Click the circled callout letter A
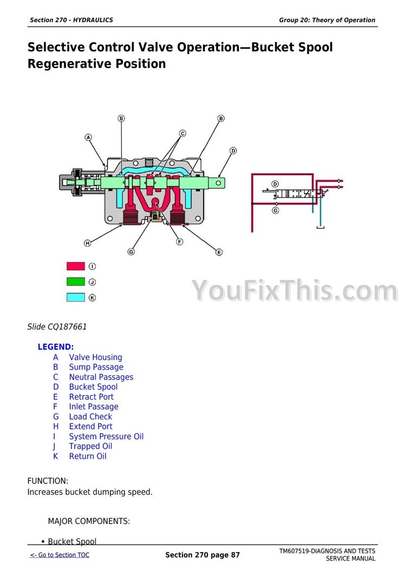(x=88, y=138)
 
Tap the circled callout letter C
(x=183, y=133)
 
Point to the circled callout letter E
(x=219, y=252)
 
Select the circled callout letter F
(x=180, y=241)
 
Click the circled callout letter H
(x=88, y=243)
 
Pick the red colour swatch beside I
(x=76, y=266)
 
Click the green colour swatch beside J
(x=76, y=282)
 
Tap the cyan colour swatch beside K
(x=76, y=297)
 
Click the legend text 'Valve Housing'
(x=95, y=357)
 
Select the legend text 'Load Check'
(x=90, y=417)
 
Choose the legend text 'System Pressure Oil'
(x=106, y=436)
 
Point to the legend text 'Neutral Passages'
(x=101, y=377)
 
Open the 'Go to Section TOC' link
(x=60, y=555)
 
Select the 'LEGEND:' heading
(x=56, y=347)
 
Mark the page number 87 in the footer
(x=234, y=555)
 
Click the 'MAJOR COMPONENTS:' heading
(x=89, y=521)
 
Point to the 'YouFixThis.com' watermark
(x=296, y=291)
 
